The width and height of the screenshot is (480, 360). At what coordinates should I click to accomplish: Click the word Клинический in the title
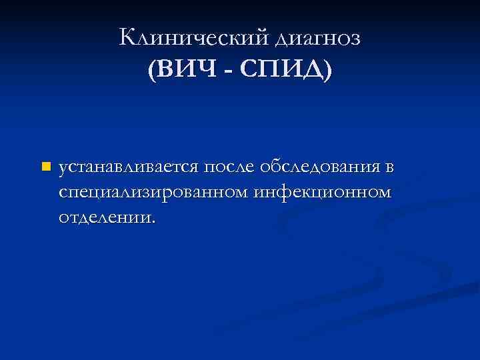click(x=193, y=38)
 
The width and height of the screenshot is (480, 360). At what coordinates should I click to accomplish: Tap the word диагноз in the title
click(x=317, y=39)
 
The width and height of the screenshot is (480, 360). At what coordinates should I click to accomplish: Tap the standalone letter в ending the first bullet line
click(x=389, y=167)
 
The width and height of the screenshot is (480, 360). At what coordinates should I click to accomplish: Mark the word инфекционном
click(x=324, y=192)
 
